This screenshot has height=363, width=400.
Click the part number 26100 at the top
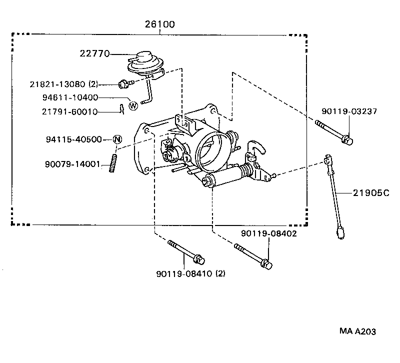pos(160,24)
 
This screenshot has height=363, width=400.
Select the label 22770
pos(94,53)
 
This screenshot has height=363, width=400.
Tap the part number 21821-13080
pos(57,84)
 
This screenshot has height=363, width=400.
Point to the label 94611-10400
pos(70,97)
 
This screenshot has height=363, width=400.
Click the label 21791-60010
pos(70,111)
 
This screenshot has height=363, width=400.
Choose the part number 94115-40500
pos(74,139)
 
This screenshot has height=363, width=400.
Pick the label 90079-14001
pos(72,164)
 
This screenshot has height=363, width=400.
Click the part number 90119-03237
pos(349,111)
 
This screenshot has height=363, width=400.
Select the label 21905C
pos(371,193)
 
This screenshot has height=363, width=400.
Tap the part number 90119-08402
pos(269,233)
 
